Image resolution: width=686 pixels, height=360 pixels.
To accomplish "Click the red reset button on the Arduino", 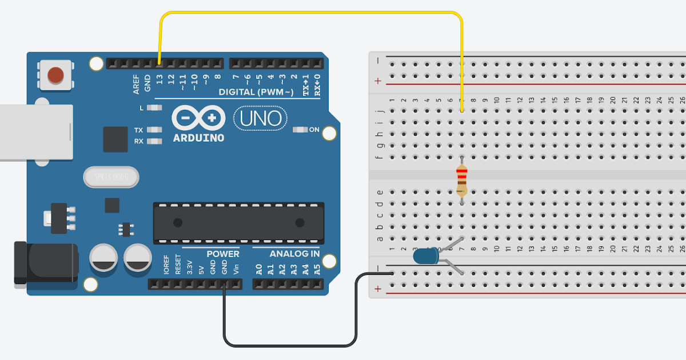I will (55, 75).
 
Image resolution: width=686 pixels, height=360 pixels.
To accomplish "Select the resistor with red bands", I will (462, 180).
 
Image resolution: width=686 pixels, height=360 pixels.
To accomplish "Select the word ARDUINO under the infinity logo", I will (198, 138).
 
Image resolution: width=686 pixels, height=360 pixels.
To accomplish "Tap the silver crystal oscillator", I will (111, 177).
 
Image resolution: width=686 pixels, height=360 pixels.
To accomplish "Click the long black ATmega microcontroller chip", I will (238, 222).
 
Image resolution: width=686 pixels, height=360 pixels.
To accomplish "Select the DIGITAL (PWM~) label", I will (256, 92).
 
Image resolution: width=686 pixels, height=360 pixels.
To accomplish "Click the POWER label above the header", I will (223, 254).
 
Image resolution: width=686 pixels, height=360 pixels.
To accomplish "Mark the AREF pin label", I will (136, 84).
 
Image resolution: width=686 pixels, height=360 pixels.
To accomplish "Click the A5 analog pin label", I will (317, 269).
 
